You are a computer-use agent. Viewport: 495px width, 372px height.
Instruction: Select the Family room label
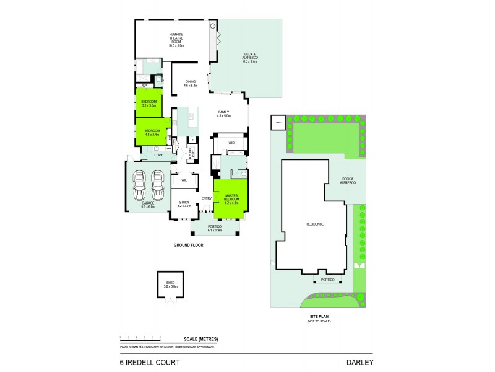(223, 113)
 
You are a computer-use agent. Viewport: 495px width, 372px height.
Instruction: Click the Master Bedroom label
(231, 198)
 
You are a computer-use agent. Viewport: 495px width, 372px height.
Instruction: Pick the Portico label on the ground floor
(215, 226)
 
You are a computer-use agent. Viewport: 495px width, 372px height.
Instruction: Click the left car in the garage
(140, 184)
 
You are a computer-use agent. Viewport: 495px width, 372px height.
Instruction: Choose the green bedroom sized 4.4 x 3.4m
(152, 132)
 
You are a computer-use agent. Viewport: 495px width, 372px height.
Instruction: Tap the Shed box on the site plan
(278, 122)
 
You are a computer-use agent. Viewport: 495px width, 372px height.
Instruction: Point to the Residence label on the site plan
(315, 224)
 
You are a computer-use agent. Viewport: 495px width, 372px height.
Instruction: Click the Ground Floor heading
(188, 245)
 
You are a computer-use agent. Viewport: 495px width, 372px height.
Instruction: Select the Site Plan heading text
(318, 316)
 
